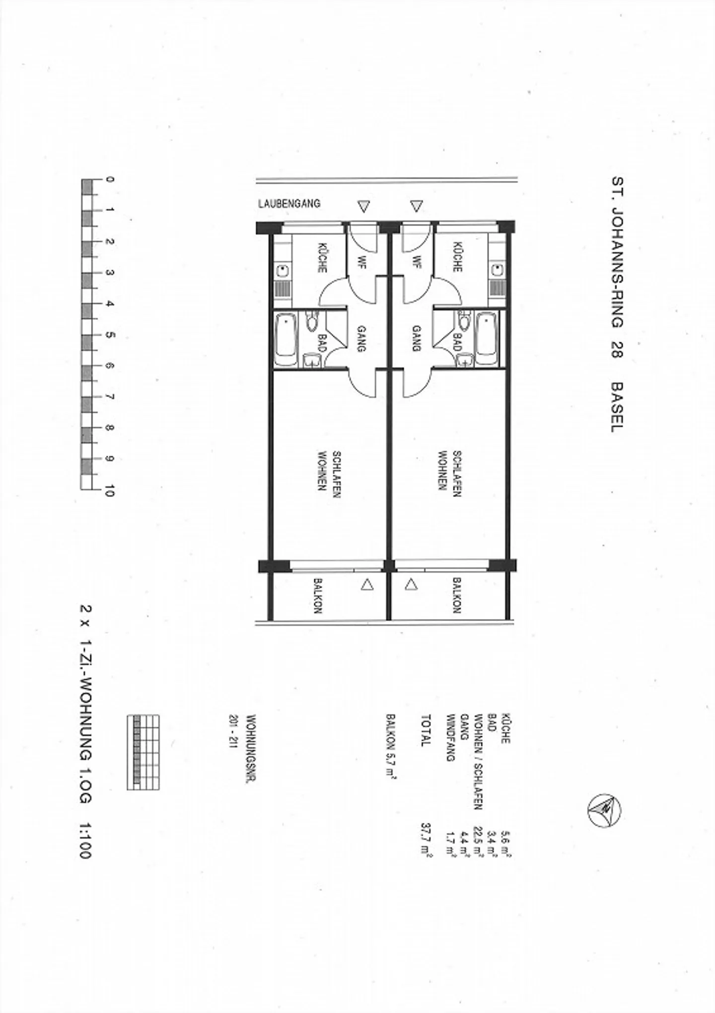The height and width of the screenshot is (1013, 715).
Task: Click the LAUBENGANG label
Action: tap(289, 203)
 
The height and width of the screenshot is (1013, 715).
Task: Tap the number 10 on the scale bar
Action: tap(109, 490)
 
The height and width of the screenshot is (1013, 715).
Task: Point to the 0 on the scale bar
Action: tap(109, 179)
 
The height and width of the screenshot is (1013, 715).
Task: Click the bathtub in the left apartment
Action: tap(286, 339)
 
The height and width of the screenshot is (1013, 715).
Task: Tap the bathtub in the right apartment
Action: tap(486, 339)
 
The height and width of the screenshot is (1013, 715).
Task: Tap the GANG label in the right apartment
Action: tap(417, 338)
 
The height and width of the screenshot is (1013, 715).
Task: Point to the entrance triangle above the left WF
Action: tap(364, 206)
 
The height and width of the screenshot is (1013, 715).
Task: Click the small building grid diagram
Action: tap(143, 752)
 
